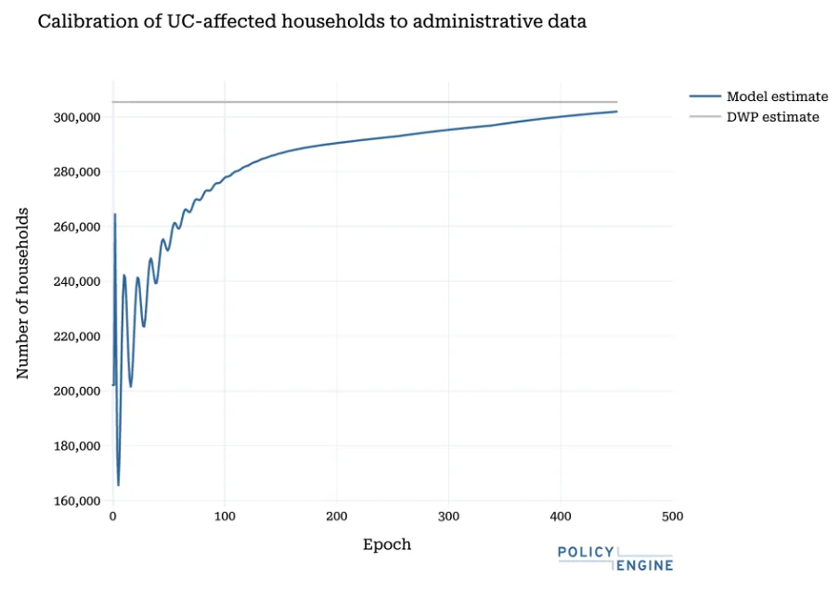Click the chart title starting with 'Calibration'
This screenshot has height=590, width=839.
click(312, 21)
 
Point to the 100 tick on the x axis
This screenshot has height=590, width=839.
click(225, 517)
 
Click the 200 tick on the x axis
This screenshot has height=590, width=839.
click(337, 517)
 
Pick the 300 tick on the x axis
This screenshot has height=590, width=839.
click(448, 517)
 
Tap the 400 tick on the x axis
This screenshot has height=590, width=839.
click(561, 517)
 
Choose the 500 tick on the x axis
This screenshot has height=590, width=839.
click(672, 517)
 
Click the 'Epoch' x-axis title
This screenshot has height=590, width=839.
click(386, 545)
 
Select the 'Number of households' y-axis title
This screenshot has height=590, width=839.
click(24, 293)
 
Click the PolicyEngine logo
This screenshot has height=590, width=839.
click(614, 558)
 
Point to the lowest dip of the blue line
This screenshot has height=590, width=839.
click(118, 484)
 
